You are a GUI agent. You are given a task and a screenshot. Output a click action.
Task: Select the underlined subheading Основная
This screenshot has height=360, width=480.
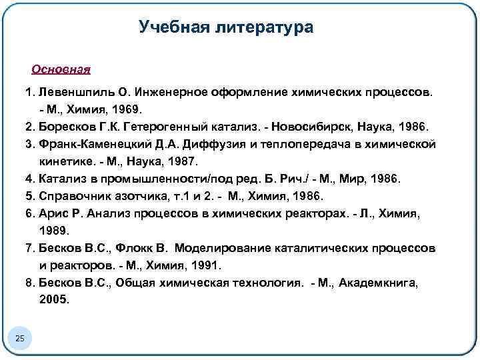[61, 69]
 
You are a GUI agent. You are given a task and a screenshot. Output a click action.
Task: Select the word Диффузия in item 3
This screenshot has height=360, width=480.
[231, 143]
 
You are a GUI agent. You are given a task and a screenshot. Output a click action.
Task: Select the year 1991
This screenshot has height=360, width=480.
[203, 265]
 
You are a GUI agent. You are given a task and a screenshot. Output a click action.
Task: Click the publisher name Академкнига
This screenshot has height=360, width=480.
[377, 283]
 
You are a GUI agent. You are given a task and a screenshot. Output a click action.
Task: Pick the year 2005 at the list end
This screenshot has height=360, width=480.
[53, 300]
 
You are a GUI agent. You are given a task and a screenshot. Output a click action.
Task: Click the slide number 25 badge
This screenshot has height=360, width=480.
[20, 340]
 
